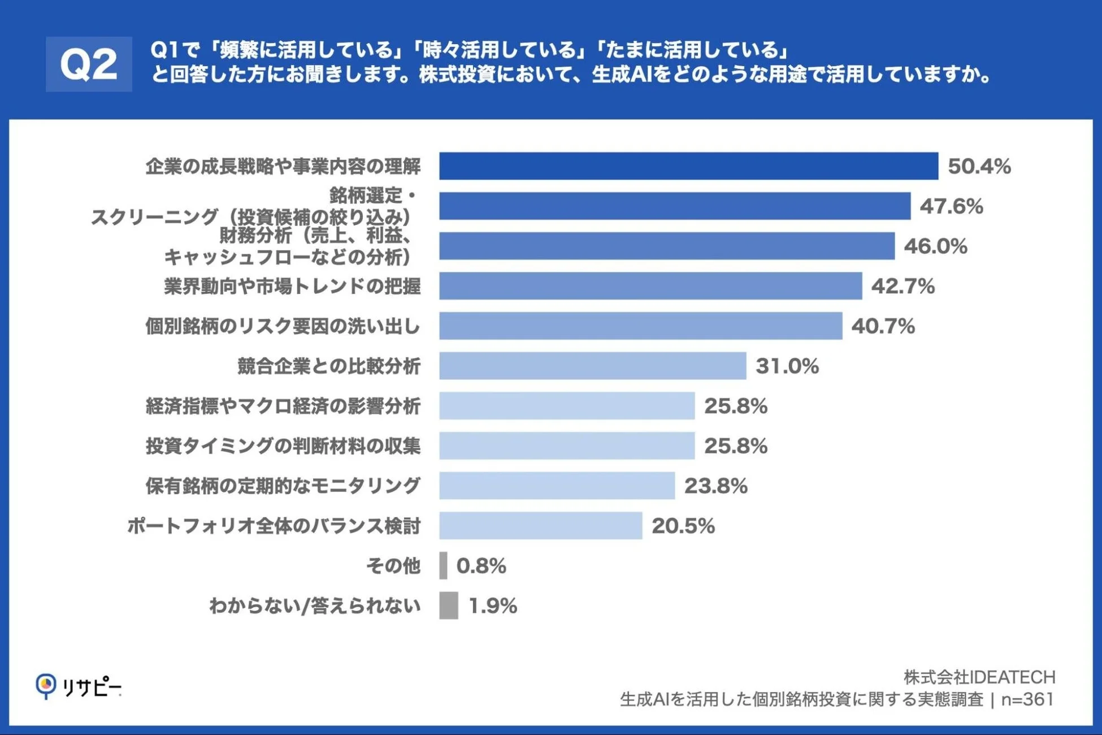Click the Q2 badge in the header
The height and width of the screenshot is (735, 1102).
pyautogui.click(x=89, y=64)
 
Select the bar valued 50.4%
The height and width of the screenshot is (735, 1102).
pyautogui.click(x=688, y=166)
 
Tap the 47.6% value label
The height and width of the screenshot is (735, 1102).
pyautogui.click(x=951, y=206)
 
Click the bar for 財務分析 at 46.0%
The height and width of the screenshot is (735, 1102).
pyautogui.click(x=667, y=246)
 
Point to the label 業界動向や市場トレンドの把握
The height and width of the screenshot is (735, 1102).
pyautogui.click(x=292, y=286)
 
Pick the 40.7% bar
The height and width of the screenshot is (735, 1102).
pyautogui.click(x=640, y=326)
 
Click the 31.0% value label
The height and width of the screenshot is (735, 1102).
pyautogui.click(x=787, y=366)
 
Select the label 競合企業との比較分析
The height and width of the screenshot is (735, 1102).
pyautogui.click(x=328, y=366)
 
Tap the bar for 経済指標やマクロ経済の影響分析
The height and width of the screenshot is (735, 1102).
pyautogui.click(x=567, y=406)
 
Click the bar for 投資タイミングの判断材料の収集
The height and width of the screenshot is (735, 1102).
pyautogui.click(x=567, y=446)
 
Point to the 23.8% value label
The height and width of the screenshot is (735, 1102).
pyautogui.click(x=715, y=486)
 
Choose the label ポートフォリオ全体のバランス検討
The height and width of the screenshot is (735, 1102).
pyautogui.click(x=274, y=526)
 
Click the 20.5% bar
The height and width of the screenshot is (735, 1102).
pyautogui.click(x=540, y=526)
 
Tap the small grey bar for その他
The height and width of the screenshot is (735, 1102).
pyautogui.click(x=443, y=565)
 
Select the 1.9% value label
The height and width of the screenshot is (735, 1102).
pyautogui.click(x=492, y=606)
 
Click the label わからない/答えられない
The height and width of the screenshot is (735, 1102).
pyautogui.click(x=315, y=606)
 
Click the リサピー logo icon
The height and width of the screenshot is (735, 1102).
pyautogui.click(x=46, y=686)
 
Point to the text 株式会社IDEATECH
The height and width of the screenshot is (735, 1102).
pyautogui.click(x=979, y=677)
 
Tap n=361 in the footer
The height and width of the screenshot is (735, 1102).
pyautogui.click(x=1027, y=700)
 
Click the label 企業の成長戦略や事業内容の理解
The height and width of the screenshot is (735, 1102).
pyautogui.click(x=283, y=166)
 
